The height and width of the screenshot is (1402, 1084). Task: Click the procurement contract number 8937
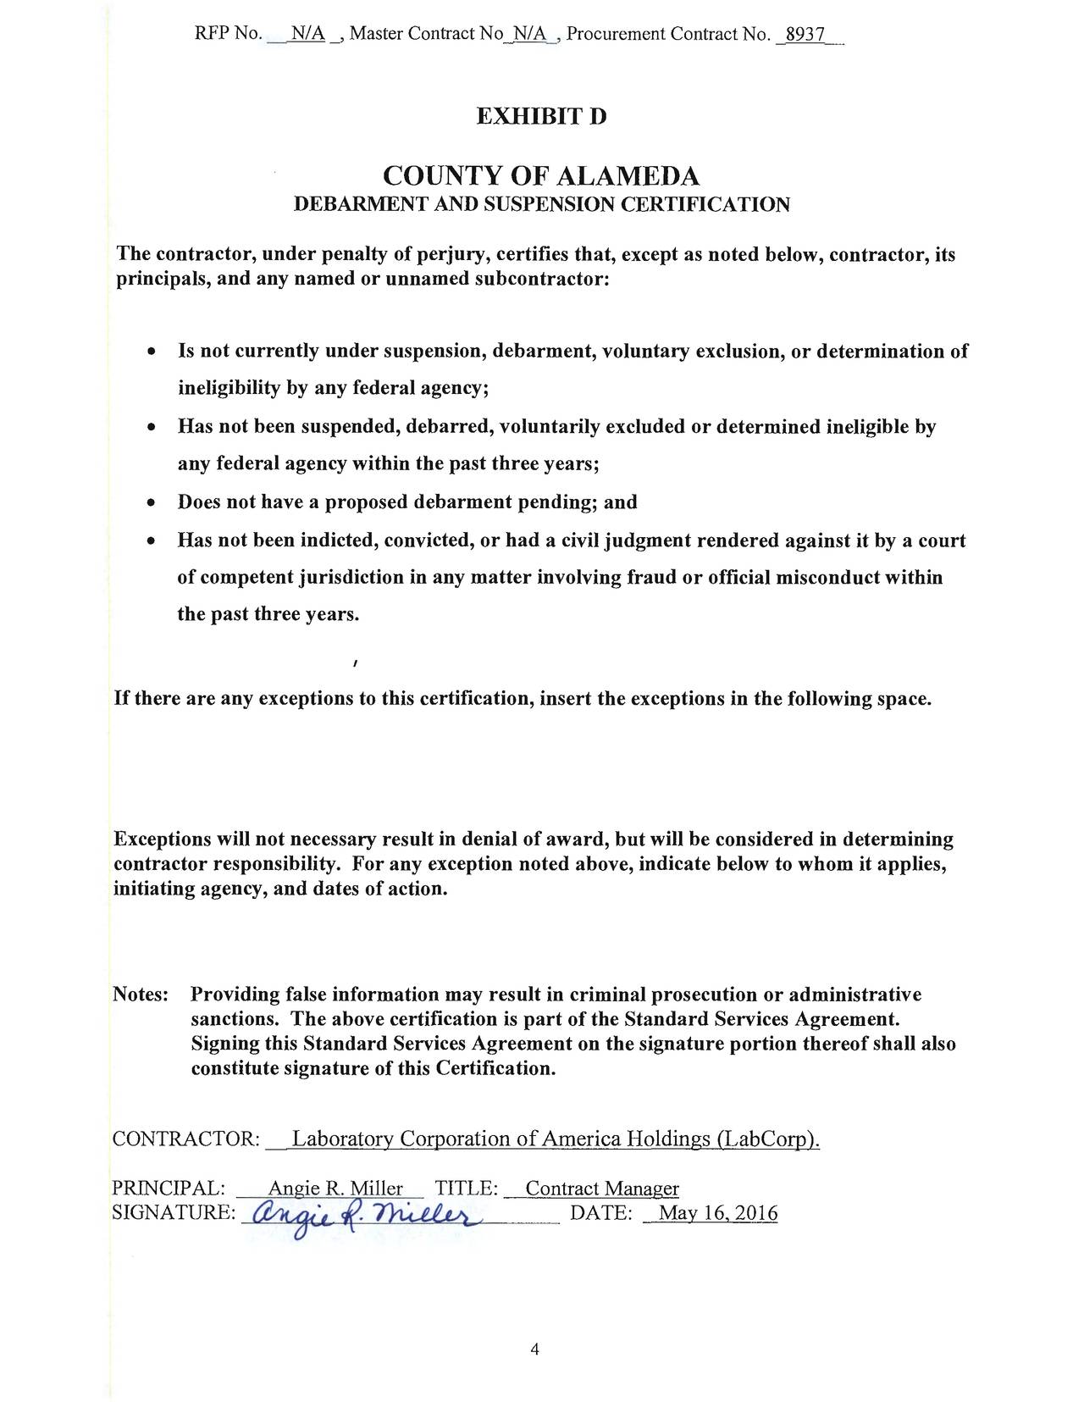(x=805, y=35)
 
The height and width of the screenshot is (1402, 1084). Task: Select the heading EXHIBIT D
(x=541, y=116)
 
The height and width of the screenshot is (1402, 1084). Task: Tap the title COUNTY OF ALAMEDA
(x=541, y=176)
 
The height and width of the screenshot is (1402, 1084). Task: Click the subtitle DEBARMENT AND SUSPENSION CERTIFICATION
(x=541, y=205)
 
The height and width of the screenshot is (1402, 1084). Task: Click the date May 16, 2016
(x=717, y=1214)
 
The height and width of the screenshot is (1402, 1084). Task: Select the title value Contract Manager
(x=602, y=1189)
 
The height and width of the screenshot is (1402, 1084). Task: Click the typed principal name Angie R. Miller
(x=335, y=1189)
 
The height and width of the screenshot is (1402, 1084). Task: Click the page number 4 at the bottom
(x=534, y=1349)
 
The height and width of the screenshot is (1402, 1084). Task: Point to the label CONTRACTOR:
(x=185, y=1140)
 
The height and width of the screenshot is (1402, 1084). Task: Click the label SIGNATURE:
(x=174, y=1214)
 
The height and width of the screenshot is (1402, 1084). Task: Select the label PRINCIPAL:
(x=168, y=1189)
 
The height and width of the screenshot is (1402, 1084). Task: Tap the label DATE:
(x=601, y=1214)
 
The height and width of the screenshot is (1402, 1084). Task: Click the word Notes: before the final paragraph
(x=141, y=995)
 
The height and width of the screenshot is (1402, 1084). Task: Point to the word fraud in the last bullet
(x=653, y=578)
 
